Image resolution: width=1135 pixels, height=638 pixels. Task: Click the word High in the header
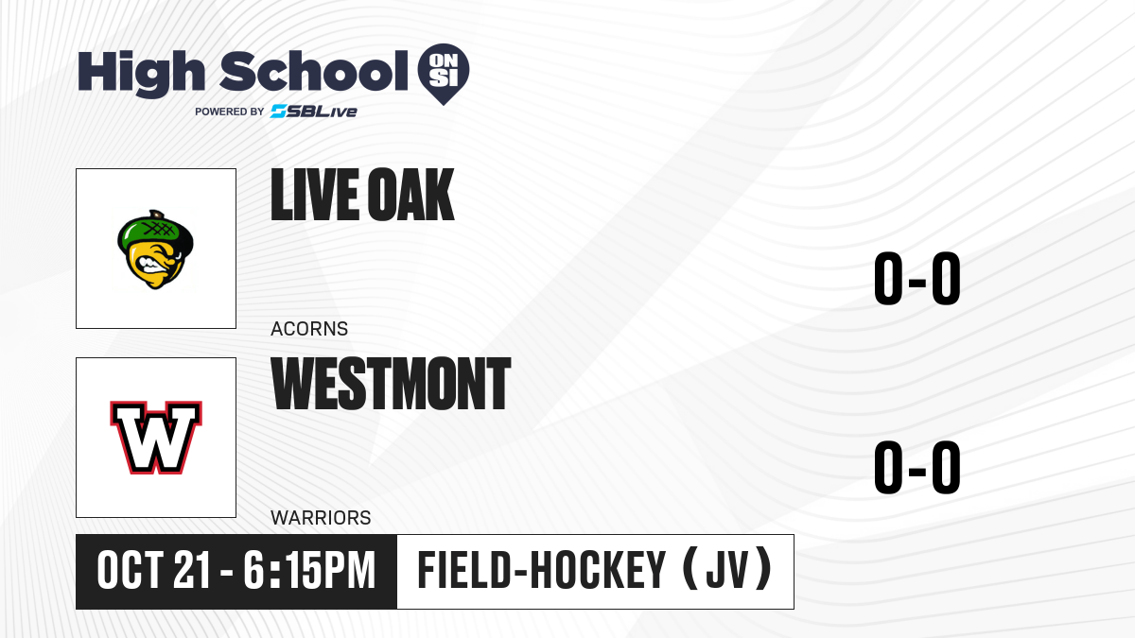tap(142, 73)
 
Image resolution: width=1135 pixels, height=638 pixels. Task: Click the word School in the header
tap(314, 71)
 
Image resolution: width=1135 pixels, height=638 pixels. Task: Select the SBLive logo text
tap(314, 112)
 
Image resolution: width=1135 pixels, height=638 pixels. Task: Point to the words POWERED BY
tap(230, 112)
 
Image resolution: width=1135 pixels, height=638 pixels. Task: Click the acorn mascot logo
tap(155, 250)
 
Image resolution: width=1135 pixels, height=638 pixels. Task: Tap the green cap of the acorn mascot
tap(155, 231)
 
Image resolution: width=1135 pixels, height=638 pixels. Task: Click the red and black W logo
tap(156, 438)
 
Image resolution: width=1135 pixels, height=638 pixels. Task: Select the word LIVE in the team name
tap(314, 195)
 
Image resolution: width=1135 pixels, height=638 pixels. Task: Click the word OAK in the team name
tap(410, 195)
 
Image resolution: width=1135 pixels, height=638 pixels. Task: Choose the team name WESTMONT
tap(391, 384)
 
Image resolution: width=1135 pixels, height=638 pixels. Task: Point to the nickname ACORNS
tap(309, 329)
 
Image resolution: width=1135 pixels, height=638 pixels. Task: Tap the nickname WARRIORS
tap(321, 518)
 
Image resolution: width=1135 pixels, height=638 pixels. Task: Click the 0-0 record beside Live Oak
tap(917, 279)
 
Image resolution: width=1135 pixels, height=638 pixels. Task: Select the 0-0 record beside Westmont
tap(917, 467)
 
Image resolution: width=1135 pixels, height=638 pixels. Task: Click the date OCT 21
tap(153, 571)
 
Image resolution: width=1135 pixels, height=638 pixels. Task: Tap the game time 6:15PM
tap(309, 571)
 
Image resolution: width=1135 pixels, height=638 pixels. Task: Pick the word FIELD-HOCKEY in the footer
tap(541, 571)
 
